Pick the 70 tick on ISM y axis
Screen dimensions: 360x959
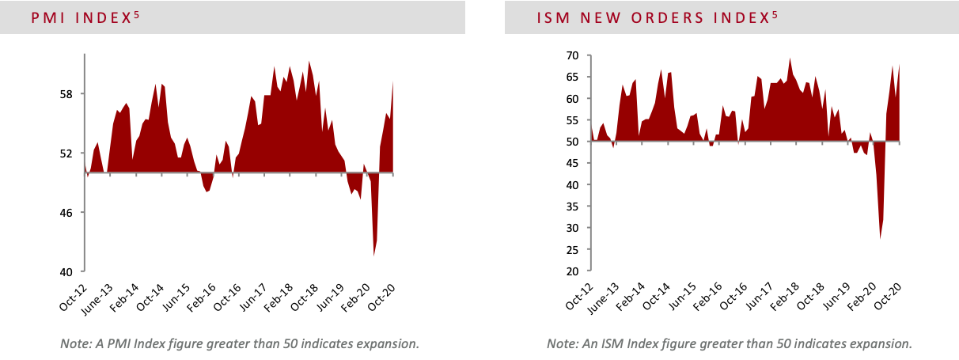[571, 55]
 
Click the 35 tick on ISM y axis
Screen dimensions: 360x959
[571, 207]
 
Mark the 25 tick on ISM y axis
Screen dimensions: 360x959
[571, 249]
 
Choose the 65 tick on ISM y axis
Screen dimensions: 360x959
[571, 78]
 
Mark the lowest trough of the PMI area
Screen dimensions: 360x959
[373, 255]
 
